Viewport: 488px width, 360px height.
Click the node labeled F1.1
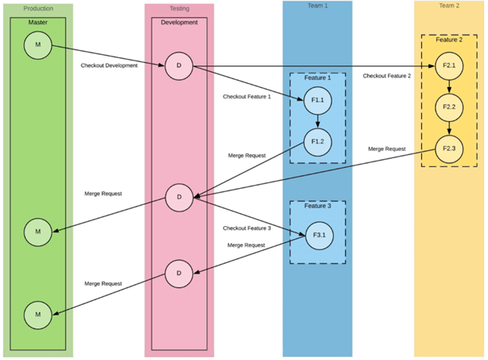point(317,100)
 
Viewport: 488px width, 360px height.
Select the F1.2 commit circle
point(317,141)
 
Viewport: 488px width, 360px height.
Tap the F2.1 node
point(449,65)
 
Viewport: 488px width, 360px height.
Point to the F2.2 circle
point(449,107)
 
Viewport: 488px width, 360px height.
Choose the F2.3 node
point(449,148)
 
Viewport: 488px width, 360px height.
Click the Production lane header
point(38,8)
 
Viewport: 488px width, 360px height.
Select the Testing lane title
point(179,8)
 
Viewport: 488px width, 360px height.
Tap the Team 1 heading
point(317,6)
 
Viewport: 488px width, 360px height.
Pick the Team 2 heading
point(449,6)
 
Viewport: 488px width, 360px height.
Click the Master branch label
point(38,23)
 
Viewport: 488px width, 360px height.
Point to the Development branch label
point(179,23)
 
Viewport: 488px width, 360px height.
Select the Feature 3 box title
point(317,207)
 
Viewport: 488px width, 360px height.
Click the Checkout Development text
point(109,65)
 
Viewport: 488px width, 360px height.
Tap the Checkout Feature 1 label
point(247,97)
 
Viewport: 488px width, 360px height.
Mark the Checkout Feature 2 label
point(386,76)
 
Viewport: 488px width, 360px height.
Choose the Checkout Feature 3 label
point(247,228)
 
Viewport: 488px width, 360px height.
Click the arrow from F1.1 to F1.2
point(317,121)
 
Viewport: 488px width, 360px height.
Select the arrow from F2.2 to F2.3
point(449,128)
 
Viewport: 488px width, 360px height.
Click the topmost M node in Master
point(38,44)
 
